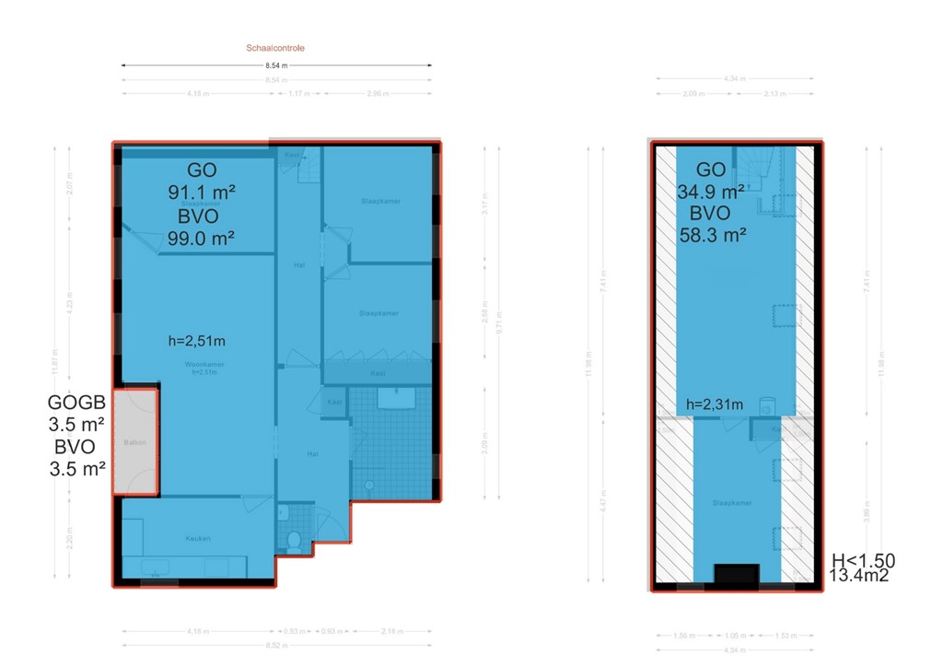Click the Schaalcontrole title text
pos(276,48)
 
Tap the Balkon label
pos(134,443)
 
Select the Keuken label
pos(197,538)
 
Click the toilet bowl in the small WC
pos(294,542)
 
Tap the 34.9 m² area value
pos(710,193)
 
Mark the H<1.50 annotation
pos(863,560)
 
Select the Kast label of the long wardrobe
pos(378,374)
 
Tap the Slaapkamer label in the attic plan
pos(733,503)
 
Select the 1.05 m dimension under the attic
pos(735,636)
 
